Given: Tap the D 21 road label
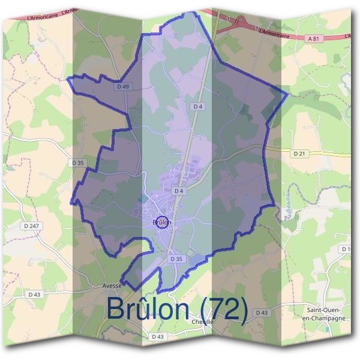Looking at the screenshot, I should (300, 154).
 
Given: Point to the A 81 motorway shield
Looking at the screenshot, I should (311, 38).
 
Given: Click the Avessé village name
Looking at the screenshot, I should (112, 286).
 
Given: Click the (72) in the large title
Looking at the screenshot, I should (224, 309).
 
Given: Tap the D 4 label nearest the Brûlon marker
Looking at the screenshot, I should (178, 191).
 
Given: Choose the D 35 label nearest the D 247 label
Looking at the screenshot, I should (77, 163).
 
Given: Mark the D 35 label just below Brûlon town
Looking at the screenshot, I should (176, 259).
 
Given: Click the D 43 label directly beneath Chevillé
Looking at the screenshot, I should (158, 337).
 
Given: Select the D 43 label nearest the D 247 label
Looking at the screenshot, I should (35, 294).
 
